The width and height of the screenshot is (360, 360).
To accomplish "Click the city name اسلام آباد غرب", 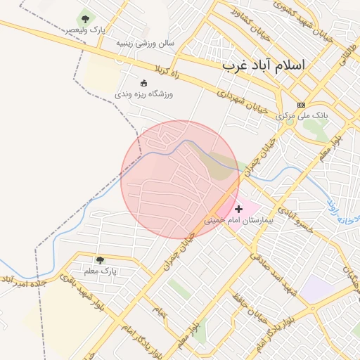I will click(264, 65).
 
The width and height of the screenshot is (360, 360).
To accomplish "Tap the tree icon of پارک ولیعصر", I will click(86, 19).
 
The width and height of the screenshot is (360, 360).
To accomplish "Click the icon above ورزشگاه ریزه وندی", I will click(144, 82).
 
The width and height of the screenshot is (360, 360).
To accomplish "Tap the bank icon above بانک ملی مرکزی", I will click(302, 104).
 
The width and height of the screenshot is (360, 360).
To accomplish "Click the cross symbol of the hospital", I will click(238, 209).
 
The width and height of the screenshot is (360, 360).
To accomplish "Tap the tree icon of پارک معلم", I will click(100, 260).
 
